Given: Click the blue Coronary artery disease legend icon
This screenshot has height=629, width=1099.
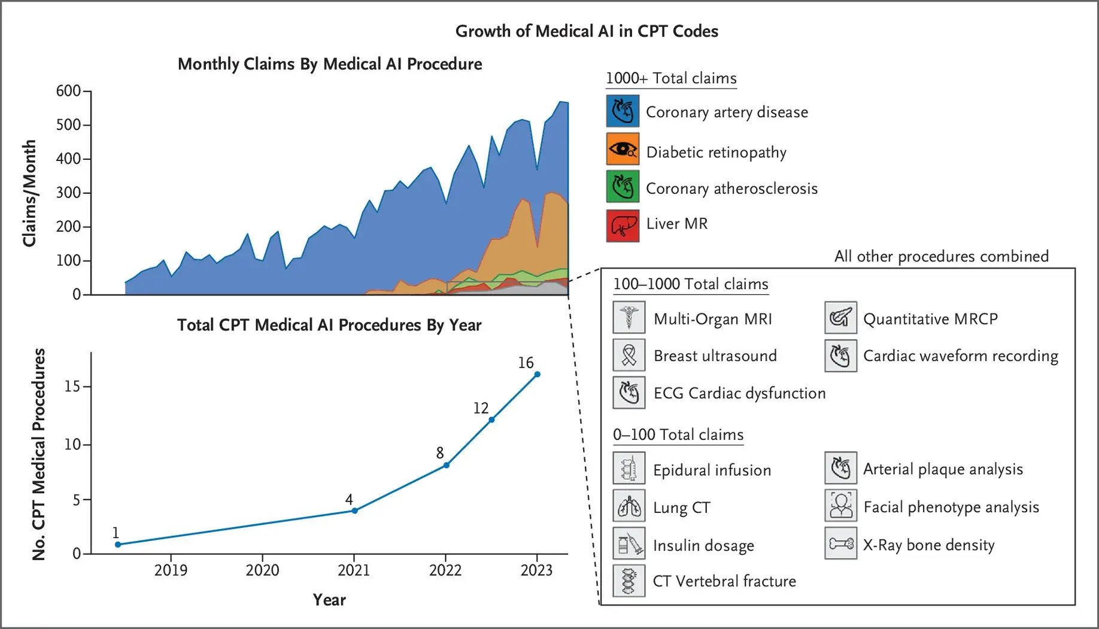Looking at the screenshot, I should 623,111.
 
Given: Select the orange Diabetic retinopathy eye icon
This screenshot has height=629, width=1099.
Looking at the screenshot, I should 623,150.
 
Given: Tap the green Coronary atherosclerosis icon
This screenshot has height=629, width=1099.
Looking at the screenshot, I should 623,187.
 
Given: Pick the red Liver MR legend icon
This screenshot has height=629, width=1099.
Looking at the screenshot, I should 623,226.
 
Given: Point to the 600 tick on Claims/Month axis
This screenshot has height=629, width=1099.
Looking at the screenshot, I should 68,91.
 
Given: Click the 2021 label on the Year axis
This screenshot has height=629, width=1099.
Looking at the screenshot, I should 354,570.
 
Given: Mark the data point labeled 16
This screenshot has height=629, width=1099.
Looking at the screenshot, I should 537,374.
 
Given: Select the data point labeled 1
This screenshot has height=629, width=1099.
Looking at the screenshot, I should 118,544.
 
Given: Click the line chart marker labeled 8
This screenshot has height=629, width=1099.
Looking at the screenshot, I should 447,465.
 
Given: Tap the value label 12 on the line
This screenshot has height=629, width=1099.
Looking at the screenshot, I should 481,408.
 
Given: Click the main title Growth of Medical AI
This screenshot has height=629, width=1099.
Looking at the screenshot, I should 587,31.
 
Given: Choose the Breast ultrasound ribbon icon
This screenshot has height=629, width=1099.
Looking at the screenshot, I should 629,355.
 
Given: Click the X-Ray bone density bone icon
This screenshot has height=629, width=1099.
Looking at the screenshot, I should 840,543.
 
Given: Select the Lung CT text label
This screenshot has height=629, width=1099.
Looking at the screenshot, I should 681,508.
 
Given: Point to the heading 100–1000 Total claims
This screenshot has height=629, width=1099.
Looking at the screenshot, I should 690,284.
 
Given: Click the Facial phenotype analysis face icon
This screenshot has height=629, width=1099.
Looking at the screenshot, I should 840,506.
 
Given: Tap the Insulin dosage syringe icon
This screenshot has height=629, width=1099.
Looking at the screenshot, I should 629,543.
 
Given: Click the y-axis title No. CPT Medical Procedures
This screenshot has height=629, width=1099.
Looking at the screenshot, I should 39,455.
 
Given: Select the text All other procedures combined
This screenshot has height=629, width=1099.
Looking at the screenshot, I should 941,257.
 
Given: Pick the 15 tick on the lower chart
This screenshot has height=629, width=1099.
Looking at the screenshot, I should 72,387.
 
